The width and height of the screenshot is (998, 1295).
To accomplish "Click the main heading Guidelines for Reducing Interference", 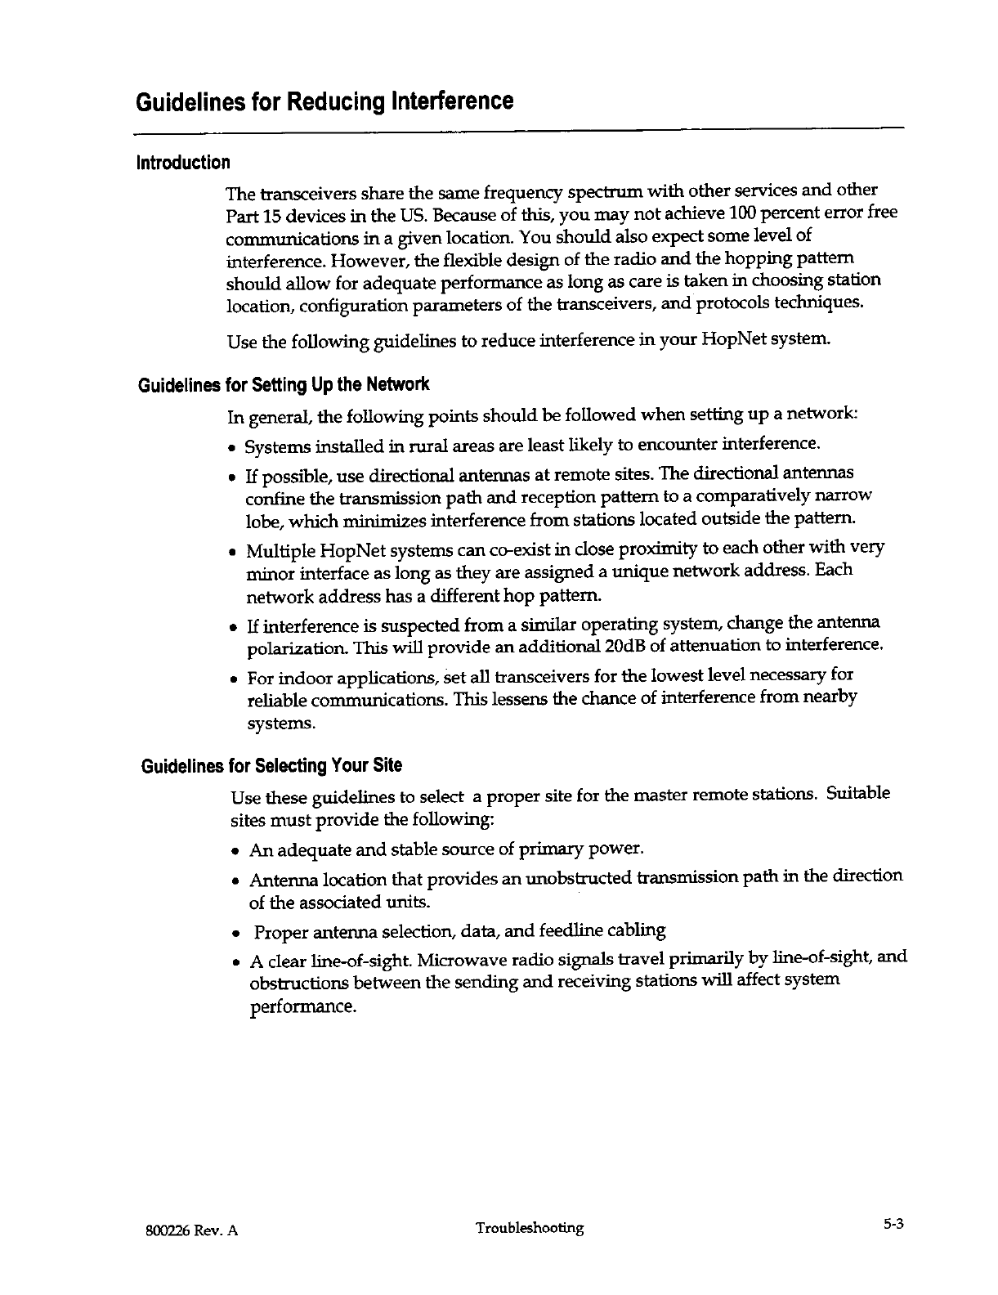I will (324, 102).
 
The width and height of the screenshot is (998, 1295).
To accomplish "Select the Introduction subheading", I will (183, 162).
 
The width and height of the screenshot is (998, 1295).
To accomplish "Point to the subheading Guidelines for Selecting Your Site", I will (271, 766).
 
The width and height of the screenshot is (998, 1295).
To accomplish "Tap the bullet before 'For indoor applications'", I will (235, 679).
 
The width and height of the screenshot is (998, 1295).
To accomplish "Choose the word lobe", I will (261, 520).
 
